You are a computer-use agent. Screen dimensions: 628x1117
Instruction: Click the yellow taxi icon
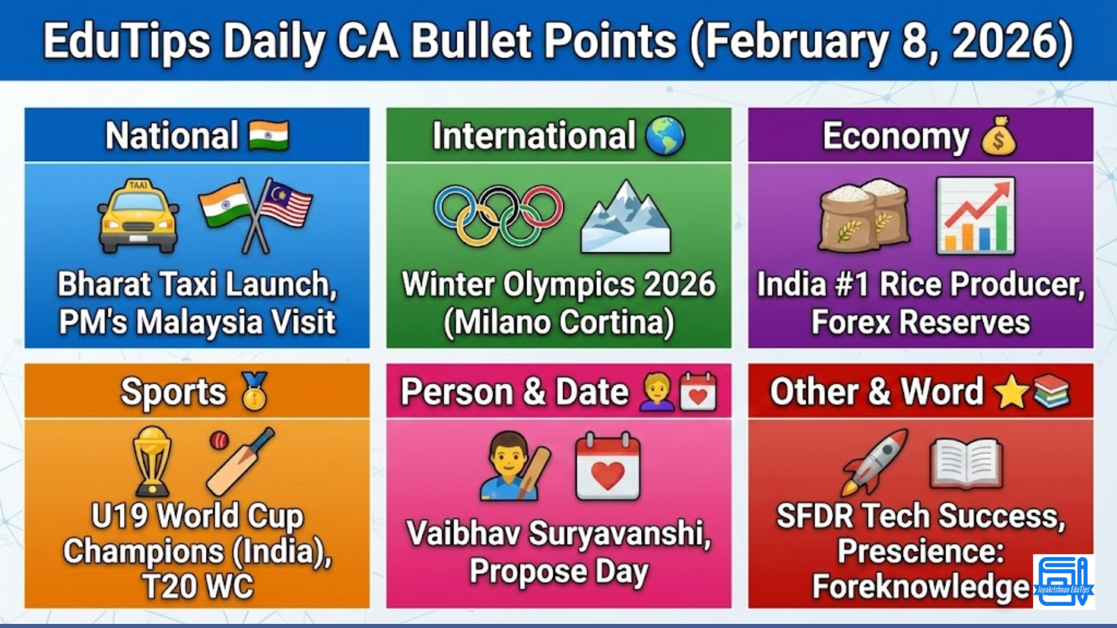[138, 216]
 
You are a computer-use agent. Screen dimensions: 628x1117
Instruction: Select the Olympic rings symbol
[499, 215]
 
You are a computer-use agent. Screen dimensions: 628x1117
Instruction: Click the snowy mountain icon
[625, 218]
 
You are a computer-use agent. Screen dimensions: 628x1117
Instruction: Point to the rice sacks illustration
[863, 216]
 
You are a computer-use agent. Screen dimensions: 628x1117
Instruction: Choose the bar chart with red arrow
[976, 216]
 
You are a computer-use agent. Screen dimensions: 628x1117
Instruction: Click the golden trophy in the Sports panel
[152, 461]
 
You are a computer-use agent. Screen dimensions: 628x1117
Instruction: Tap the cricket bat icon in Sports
[240, 461]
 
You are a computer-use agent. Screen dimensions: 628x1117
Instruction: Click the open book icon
[966, 463]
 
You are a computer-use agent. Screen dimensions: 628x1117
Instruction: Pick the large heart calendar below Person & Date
[608, 467]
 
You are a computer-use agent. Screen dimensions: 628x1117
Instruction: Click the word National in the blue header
[172, 135]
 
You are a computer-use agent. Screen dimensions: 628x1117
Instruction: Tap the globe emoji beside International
[665, 136]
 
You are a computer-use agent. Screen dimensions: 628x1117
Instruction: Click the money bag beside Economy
[998, 137]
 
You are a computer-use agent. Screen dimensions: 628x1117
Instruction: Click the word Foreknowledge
[920, 586]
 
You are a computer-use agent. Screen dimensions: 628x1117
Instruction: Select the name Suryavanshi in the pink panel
[619, 533]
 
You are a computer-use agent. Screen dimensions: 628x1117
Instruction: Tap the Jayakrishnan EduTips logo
[1063, 581]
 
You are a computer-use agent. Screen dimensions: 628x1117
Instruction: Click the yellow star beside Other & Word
[1011, 392]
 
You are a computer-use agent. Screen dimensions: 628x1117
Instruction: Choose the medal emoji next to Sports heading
[254, 391]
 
